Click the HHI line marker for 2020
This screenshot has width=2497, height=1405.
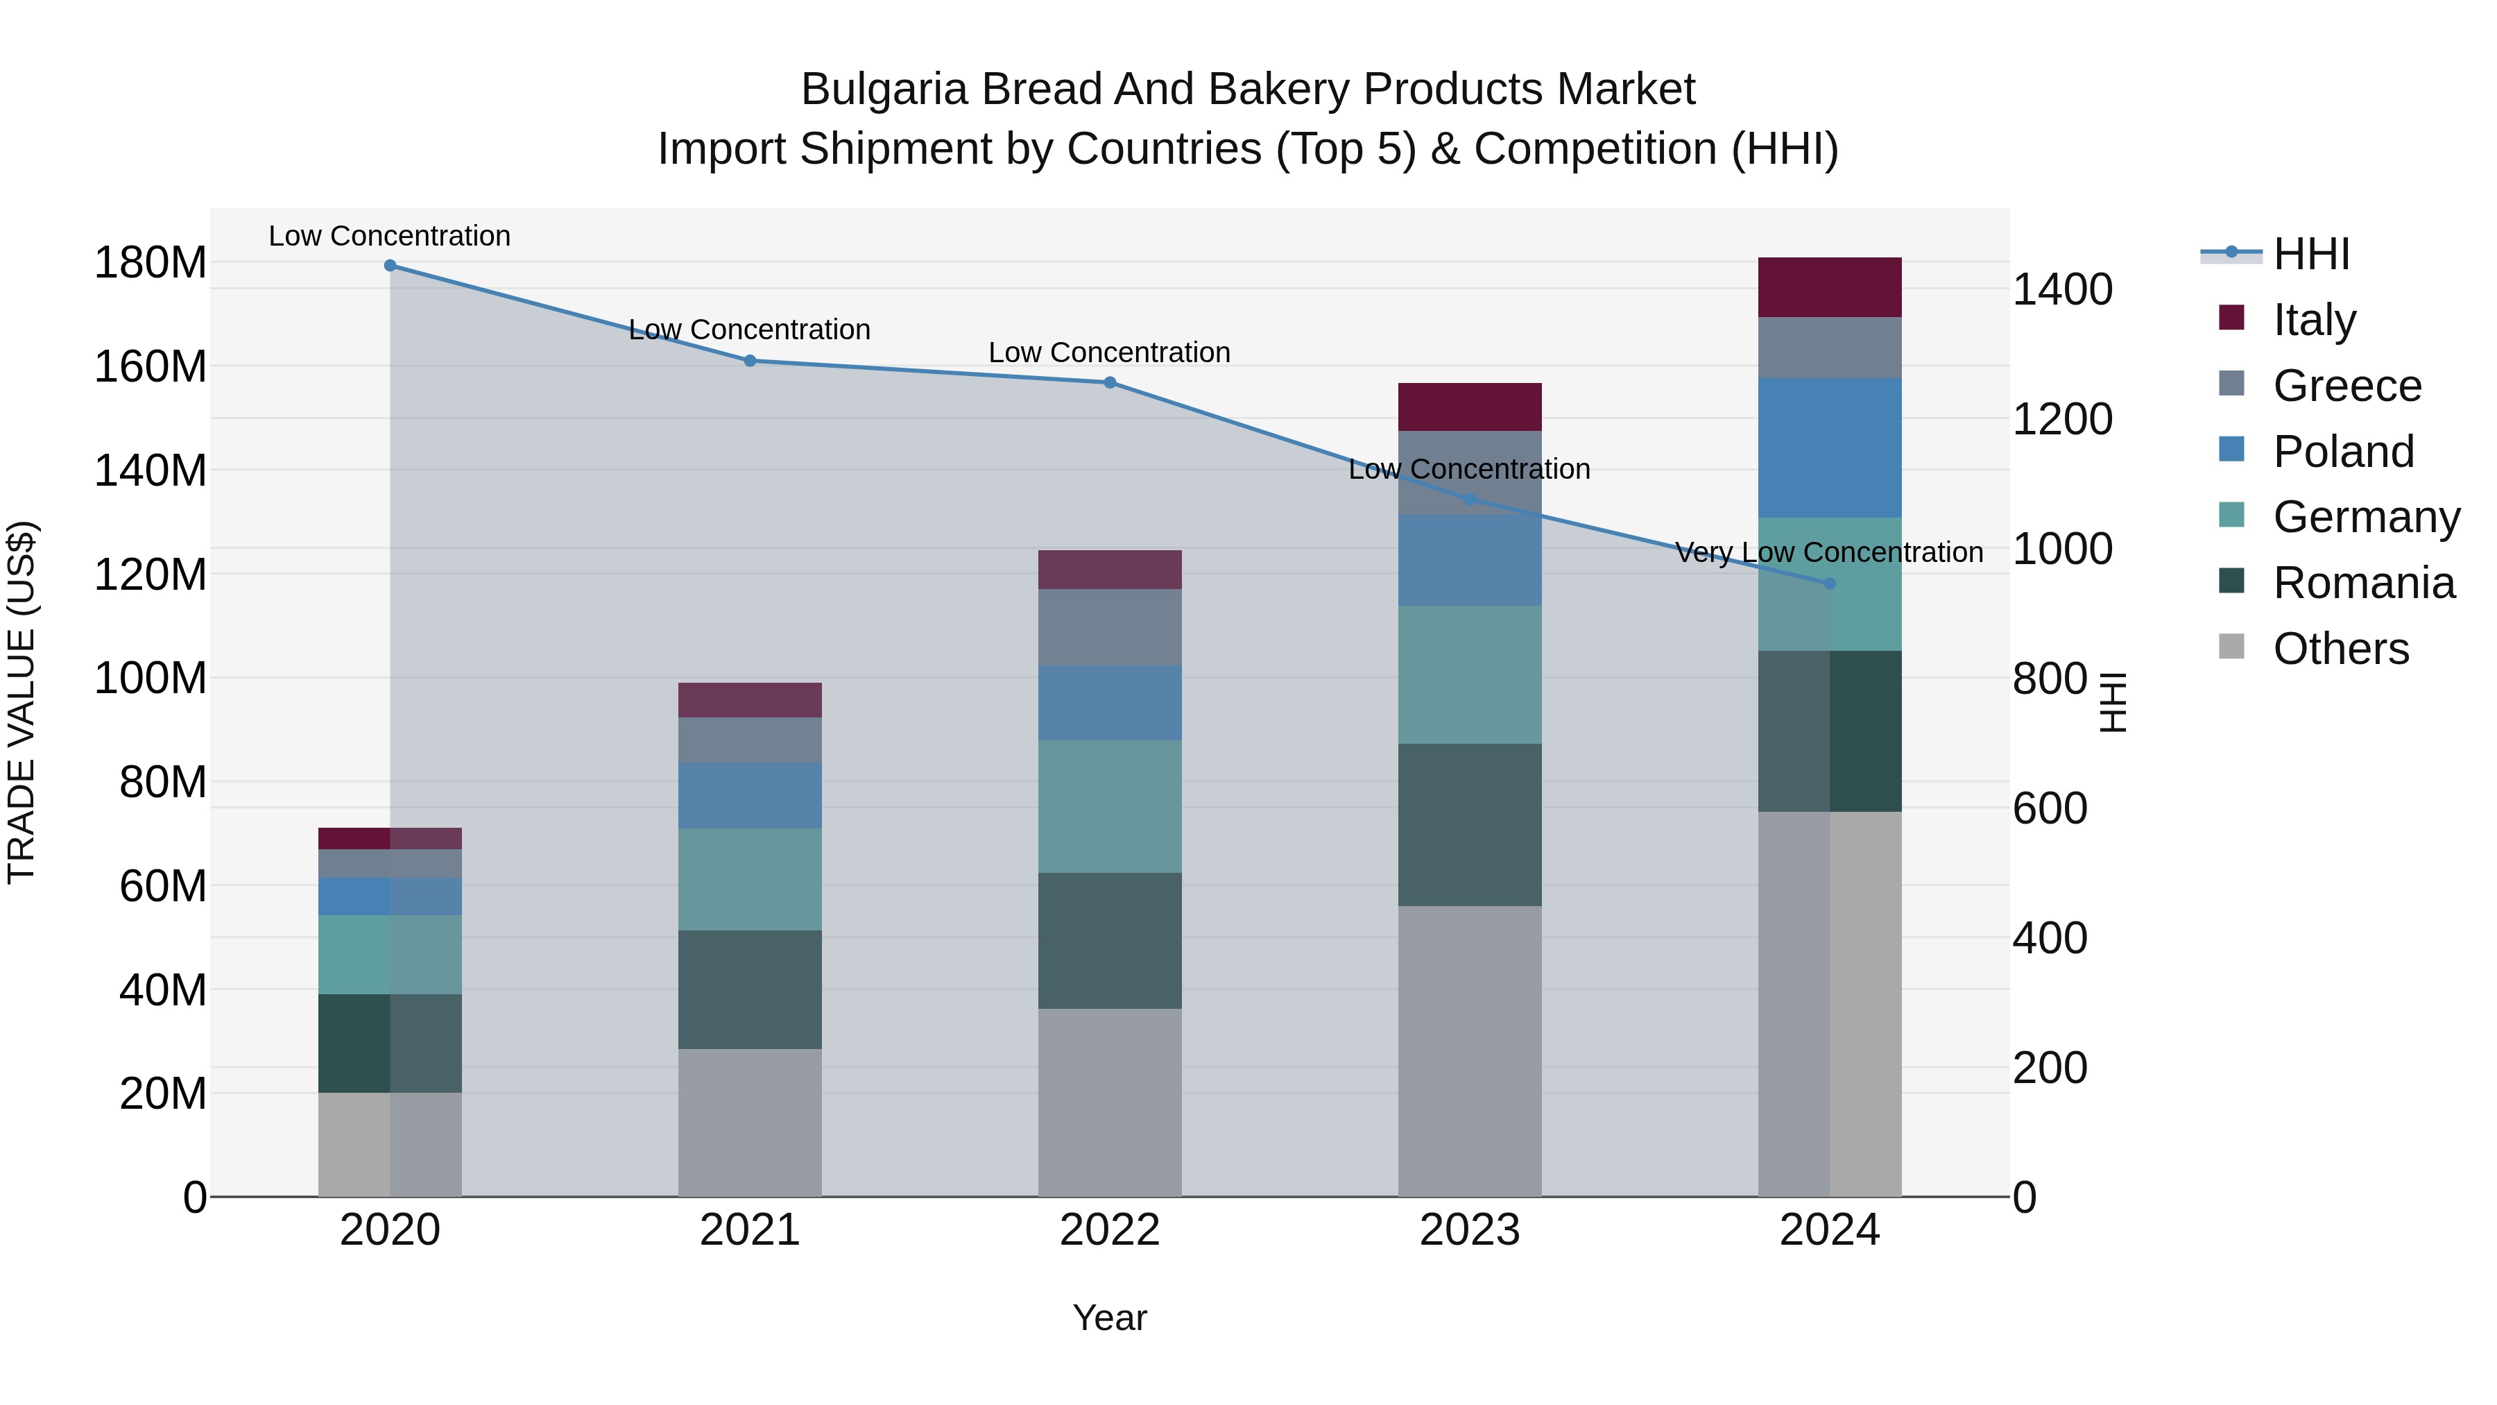(390, 266)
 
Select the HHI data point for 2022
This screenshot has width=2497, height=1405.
(1110, 383)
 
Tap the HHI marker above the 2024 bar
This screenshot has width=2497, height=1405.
(1829, 584)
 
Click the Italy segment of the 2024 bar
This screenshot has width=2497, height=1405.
(1829, 287)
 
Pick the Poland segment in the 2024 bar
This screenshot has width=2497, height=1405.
(1829, 448)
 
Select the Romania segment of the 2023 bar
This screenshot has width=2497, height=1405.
(1470, 825)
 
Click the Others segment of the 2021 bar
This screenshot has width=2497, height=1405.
(749, 1122)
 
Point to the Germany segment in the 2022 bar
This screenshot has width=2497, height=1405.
(1110, 807)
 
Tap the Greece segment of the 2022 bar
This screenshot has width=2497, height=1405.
(1110, 627)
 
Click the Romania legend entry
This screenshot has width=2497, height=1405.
(2362, 583)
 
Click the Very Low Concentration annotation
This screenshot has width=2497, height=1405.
(1828, 553)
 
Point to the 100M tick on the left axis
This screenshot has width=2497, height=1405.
(151, 678)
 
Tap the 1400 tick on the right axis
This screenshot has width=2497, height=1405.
(2062, 290)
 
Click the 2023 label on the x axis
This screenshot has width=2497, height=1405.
(1470, 1230)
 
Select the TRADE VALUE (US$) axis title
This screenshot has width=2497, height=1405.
(22, 702)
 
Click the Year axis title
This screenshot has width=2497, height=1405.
(1109, 1318)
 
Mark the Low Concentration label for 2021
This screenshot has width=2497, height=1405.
(749, 330)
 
